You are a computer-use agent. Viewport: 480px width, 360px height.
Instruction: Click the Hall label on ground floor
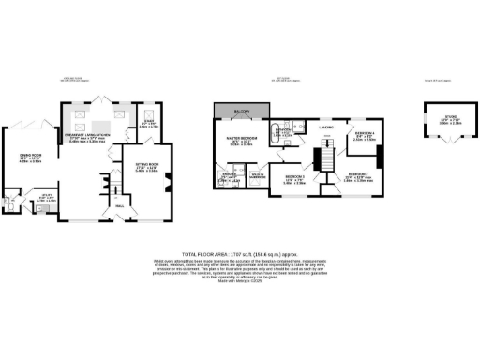click(119, 205)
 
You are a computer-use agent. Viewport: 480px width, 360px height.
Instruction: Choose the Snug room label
click(147, 121)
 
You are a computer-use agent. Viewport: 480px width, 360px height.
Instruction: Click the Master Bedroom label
click(242, 140)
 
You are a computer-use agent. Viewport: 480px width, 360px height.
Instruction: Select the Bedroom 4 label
click(365, 135)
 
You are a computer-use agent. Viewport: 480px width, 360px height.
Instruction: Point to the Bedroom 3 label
click(295, 179)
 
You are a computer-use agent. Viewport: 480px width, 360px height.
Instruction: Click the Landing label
click(327, 127)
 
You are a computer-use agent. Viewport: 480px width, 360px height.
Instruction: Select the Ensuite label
click(228, 175)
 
